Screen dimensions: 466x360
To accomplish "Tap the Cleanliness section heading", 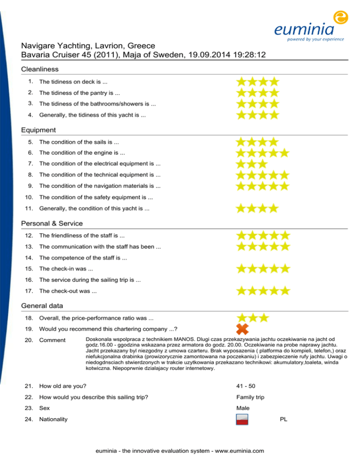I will [x=40, y=69].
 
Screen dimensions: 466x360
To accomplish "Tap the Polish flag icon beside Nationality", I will [x=243, y=420].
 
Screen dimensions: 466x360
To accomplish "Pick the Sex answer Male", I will [x=243, y=408].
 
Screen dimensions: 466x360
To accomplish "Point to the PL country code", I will [x=283, y=420].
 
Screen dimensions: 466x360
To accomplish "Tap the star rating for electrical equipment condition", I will [x=251, y=164].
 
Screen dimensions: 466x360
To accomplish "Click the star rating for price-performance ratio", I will [x=252, y=318].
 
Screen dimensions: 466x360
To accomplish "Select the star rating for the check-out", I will [x=262, y=291].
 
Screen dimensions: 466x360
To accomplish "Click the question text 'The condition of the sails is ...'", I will [x=79, y=142].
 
